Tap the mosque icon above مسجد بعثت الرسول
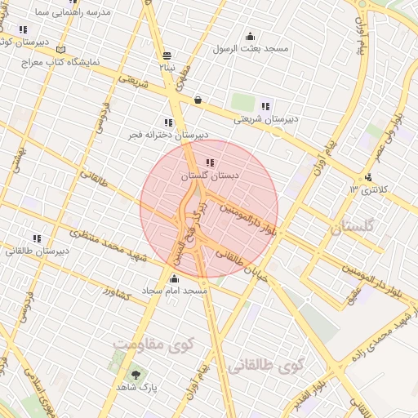pyautogui.click(x=250, y=36)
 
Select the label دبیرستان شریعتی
pyautogui.click(x=265, y=119)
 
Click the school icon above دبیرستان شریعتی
pyautogui.click(x=265, y=105)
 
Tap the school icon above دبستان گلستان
pyautogui.click(x=211, y=162)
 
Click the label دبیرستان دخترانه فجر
pyautogui.click(x=167, y=135)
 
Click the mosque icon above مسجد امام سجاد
pyautogui.click(x=173, y=278)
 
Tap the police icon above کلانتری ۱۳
pyautogui.click(x=369, y=176)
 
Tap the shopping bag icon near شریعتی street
pyautogui.click(x=198, y=100)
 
